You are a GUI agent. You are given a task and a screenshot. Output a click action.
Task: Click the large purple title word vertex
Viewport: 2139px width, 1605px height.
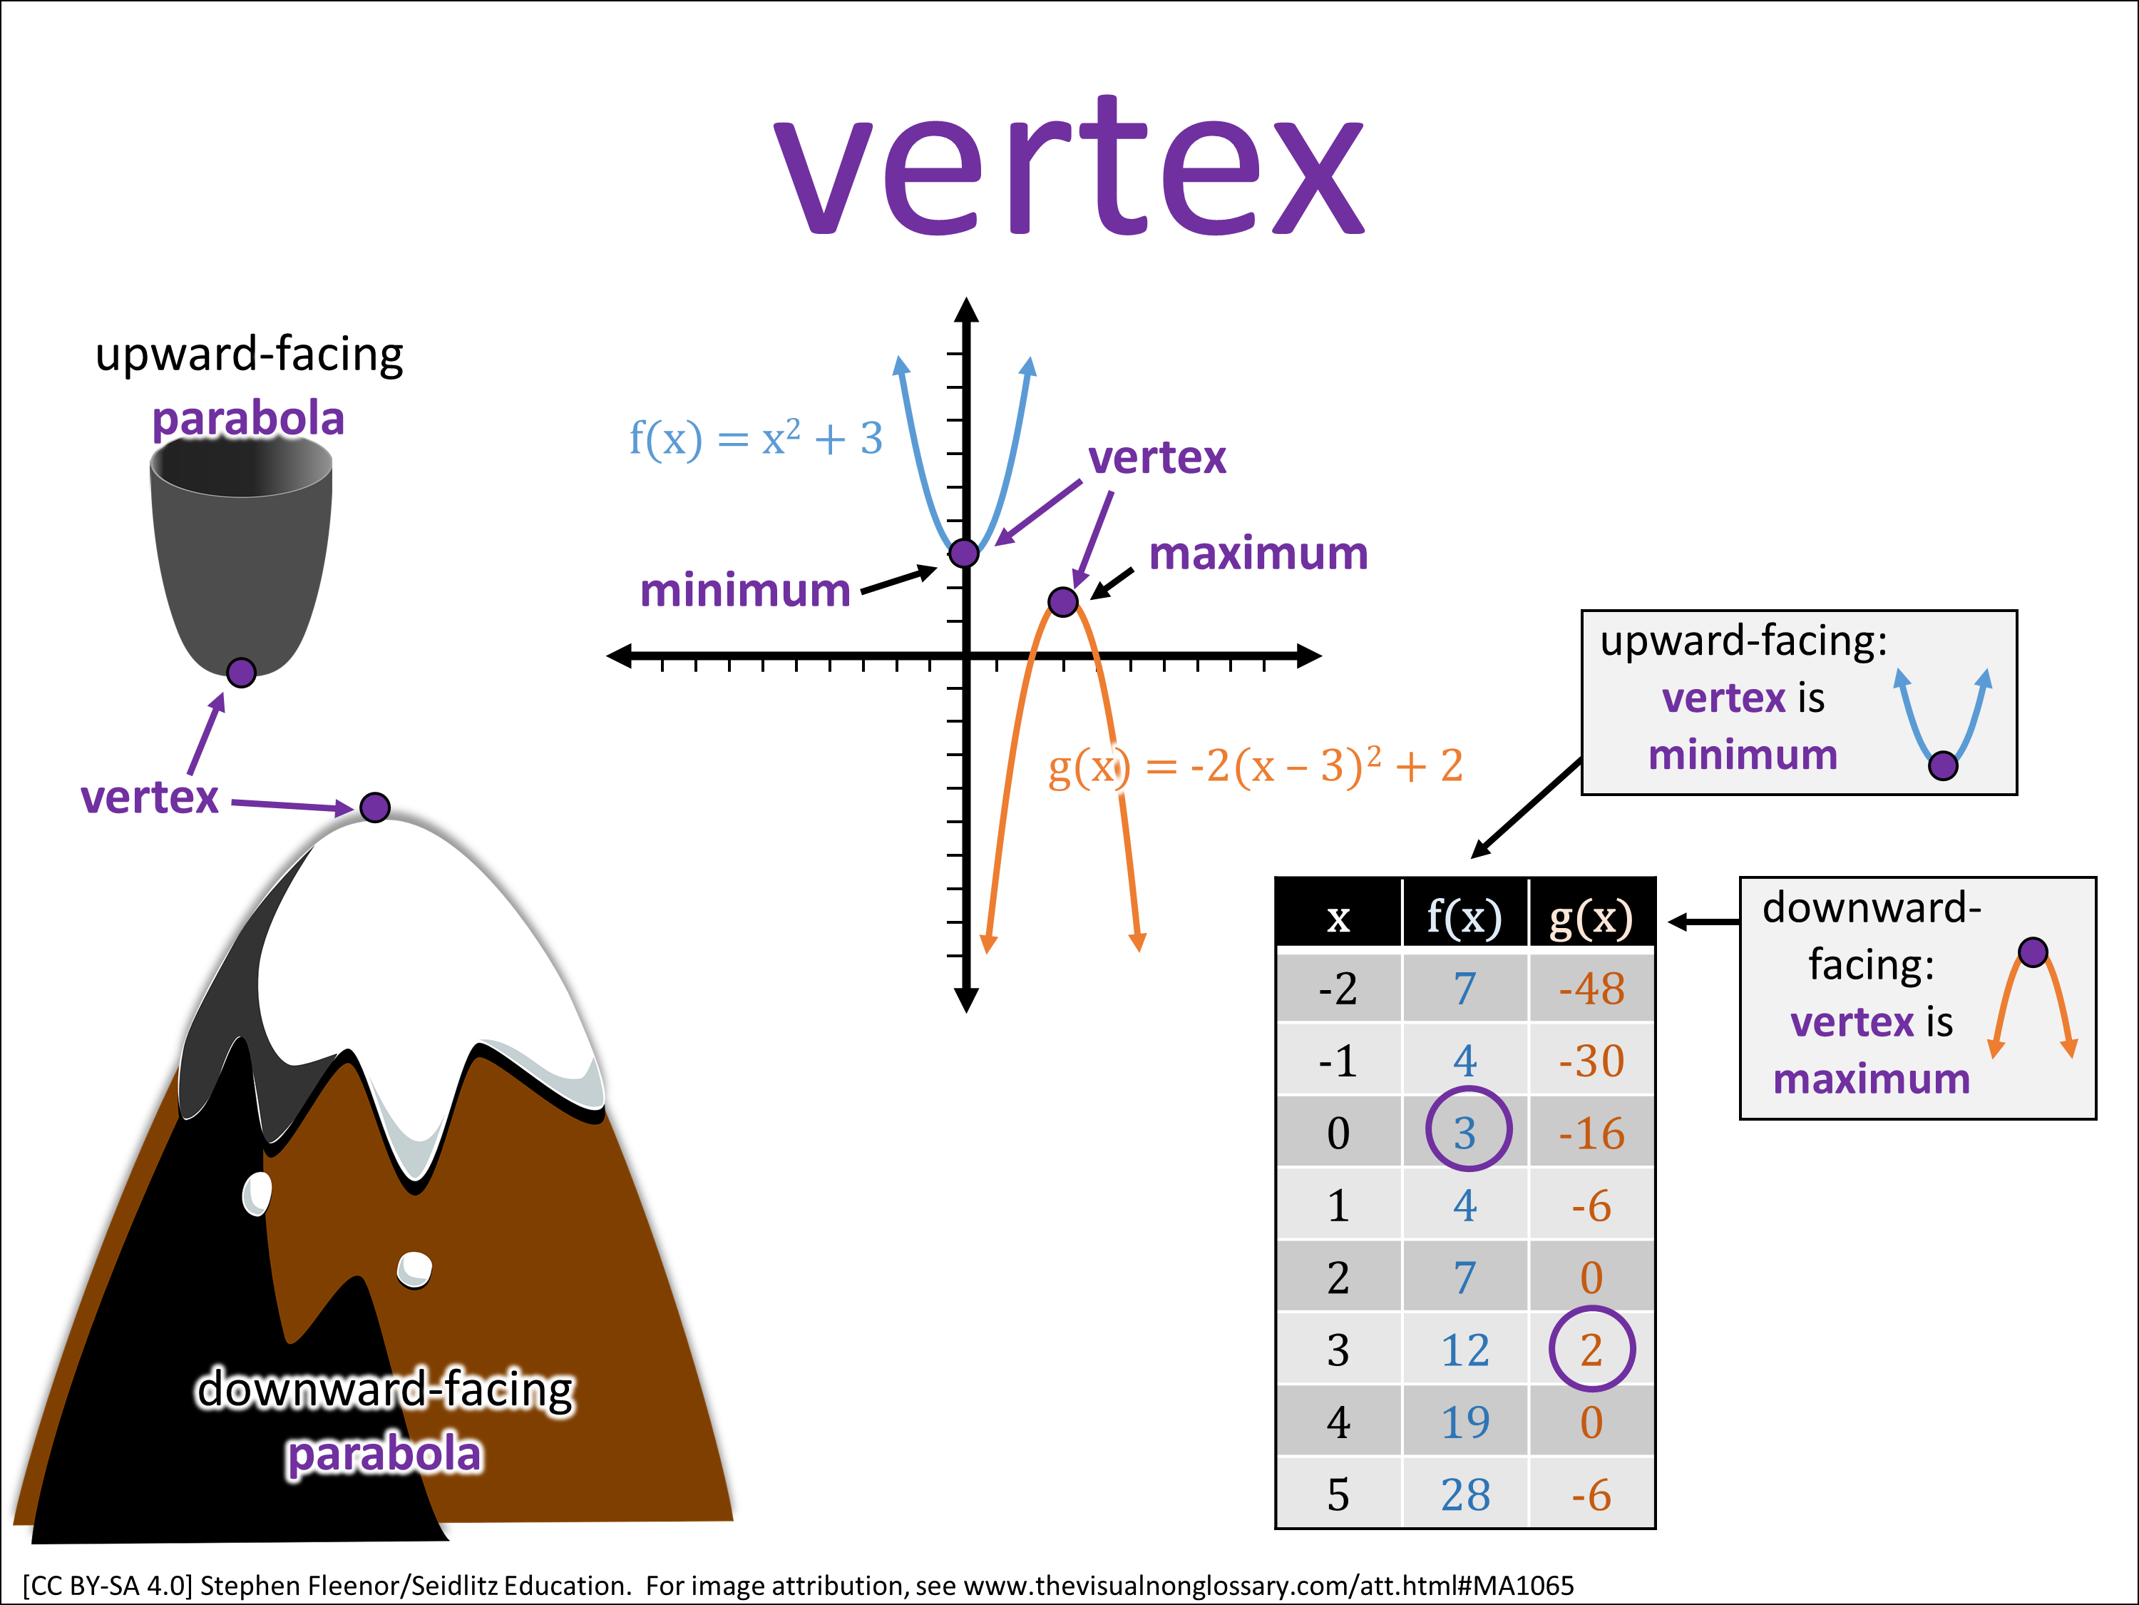click(x=1069, y=169)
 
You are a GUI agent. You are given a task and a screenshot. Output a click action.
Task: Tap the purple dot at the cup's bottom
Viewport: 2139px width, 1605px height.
click(x=241, y=673)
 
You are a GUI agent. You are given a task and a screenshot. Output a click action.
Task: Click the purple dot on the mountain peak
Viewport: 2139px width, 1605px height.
click(x=375, y=807)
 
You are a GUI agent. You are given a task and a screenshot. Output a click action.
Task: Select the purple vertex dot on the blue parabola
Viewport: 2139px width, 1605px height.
click(x=964, y=554)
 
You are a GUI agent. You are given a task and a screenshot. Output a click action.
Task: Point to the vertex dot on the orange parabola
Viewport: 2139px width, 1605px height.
click(x=1063, y=602)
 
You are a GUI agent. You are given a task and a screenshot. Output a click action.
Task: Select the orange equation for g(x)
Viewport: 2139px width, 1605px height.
click(x=1255, y=766)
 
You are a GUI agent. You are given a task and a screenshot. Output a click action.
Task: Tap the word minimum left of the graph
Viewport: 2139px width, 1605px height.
click(x=744, y=590)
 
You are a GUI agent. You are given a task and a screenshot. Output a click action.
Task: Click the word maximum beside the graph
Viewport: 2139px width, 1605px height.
click(x=1258, y=554)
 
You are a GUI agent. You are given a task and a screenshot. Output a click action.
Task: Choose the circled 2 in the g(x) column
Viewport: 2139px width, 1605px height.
click(x=1591, y=1350)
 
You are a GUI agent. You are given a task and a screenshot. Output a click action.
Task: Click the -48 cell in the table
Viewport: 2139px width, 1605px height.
click(x=1591, y=988)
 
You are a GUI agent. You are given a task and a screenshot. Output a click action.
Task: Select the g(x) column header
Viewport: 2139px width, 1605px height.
click(x=1591, y=915)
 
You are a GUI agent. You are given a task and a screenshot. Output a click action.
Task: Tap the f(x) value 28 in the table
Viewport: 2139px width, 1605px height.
click(x=1465, y=1494)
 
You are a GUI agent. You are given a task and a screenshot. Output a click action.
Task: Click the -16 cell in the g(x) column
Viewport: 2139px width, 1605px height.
click(x=1591, y=1133)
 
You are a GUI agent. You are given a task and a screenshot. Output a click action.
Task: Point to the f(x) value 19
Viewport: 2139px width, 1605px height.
click(x=1465, y=1422)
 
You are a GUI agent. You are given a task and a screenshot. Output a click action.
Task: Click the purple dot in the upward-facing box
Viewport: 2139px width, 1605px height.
click(x=1943, y=766)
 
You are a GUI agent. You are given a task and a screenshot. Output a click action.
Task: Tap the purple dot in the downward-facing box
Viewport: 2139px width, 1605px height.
click(x=2033, y=953)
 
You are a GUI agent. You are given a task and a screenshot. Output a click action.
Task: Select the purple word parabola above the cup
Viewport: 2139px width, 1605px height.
click(x=249, y=419)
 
